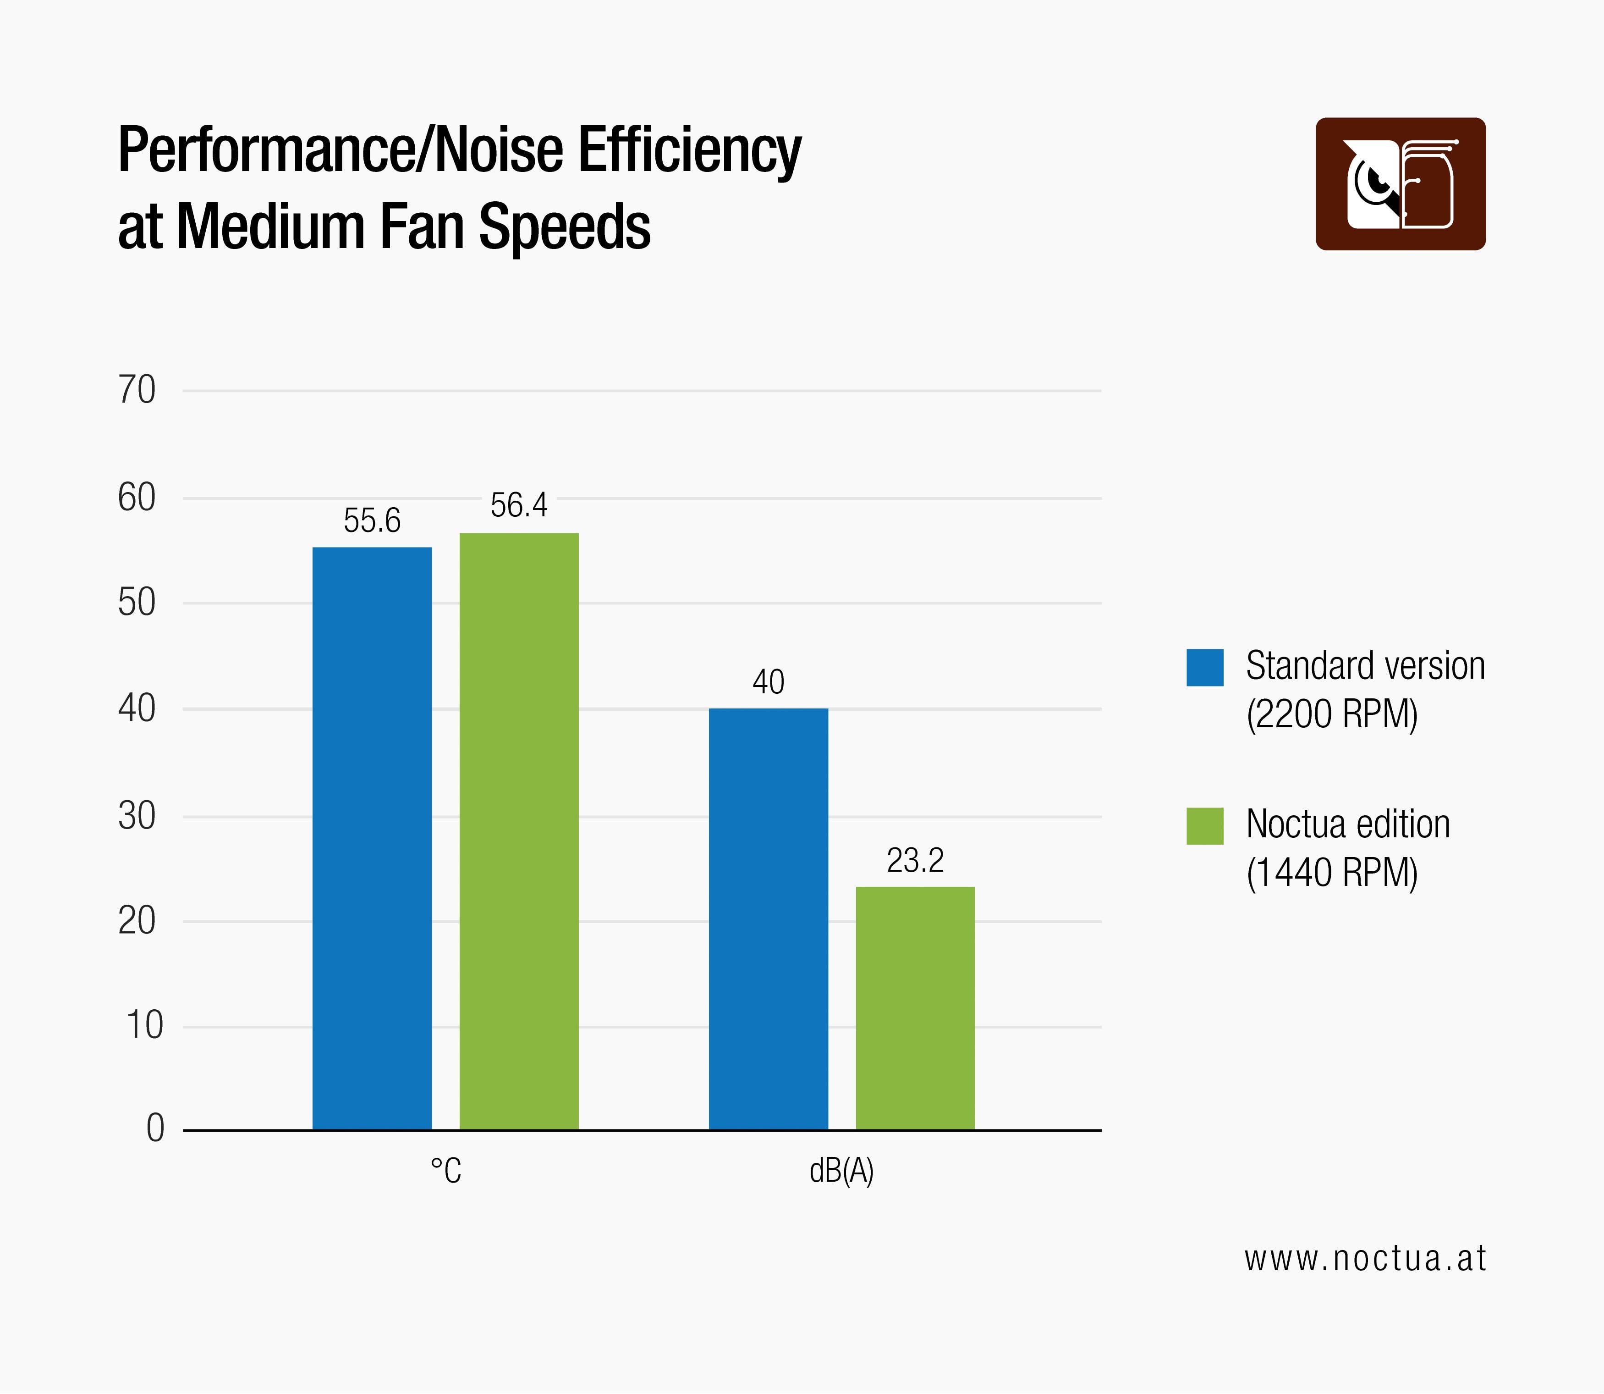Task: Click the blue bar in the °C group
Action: pos(372,839)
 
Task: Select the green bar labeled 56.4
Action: pos(519,831)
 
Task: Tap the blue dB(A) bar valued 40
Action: pos(768,918)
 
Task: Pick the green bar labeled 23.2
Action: pos(915,1008)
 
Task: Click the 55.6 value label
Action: pos(372,520)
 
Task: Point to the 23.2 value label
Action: pos(915,860)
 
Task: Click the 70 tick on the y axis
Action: pos(137,390)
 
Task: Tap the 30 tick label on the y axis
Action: pos(137,816)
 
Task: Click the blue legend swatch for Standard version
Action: pos(1204,668)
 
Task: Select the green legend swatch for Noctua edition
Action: pos(1204,826)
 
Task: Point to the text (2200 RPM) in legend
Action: pos(1332,714)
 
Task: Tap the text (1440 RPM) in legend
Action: pos(1332,872)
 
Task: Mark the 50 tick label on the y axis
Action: pos(137,603)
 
